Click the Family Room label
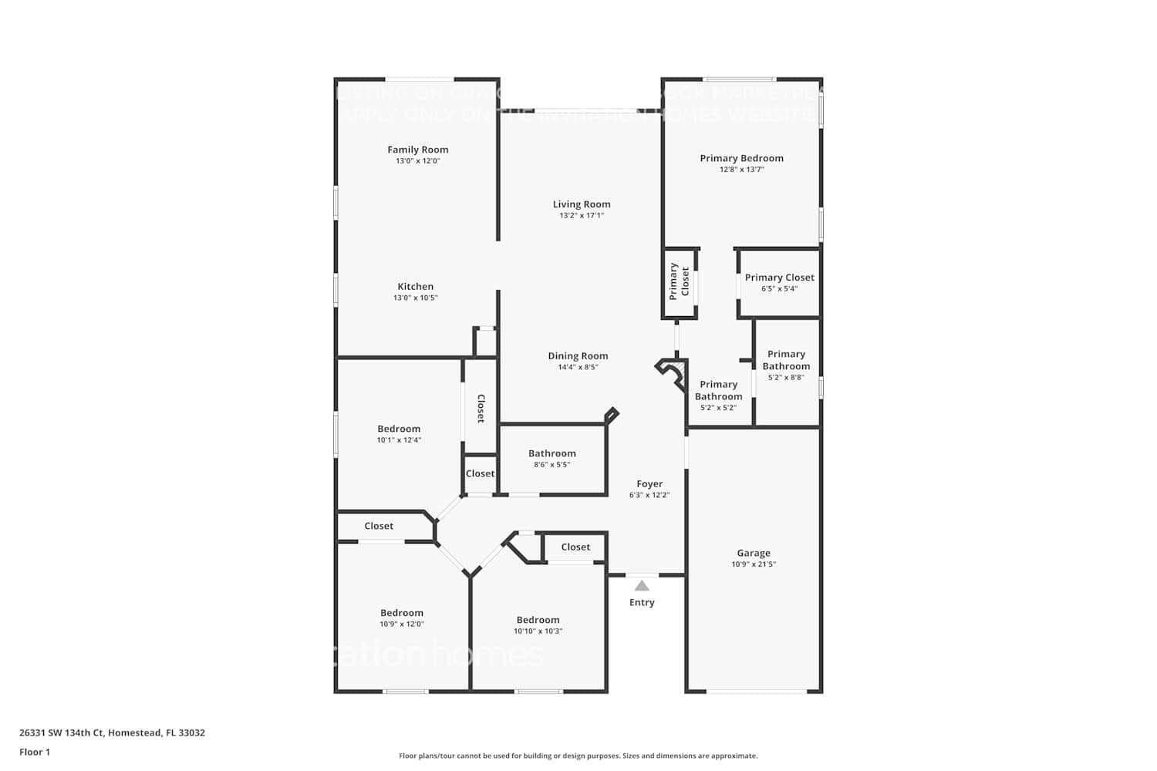pos(417,150)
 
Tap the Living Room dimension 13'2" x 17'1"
pos(581,216)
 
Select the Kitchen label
pos(415,286)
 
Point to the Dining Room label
pos(578,355)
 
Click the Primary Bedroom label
pos(741,158)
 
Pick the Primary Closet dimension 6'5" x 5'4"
pos(779,289)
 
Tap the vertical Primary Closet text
pos(679,281)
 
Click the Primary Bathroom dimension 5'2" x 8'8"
pos(785,378)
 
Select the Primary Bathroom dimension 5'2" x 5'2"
pos(717,408)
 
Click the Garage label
pos(753,553)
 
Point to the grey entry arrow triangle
pos(642,586)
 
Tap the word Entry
pos(642,603)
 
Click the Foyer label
pos(649,484)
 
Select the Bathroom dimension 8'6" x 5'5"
pos(552,465)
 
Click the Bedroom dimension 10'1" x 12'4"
pos(399,440)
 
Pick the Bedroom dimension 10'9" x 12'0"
pos(401,625)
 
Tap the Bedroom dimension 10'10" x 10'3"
pos(538,631)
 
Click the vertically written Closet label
pos(481,409)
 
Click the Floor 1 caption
pos(35,752)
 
